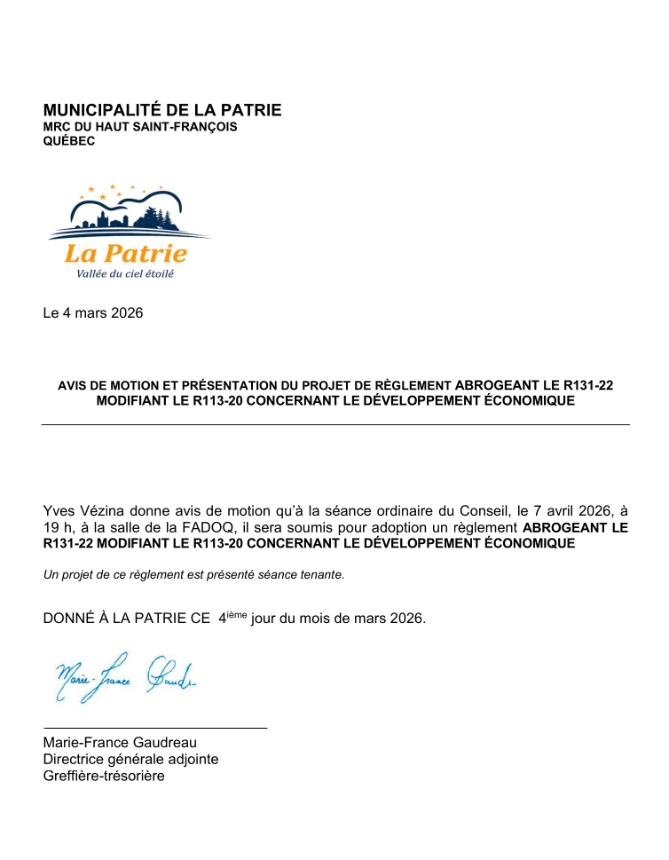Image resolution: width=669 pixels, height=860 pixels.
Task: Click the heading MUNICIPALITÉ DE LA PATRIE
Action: (x=162, y=110)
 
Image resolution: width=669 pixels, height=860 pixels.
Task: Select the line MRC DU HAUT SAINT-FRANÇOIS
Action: (x=140, y=127)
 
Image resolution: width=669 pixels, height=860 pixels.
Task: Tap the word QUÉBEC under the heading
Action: (x=69, y=141)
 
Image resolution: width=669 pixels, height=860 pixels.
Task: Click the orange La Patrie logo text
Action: (x=125, y=253)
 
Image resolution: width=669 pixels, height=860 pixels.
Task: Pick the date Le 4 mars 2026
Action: (x=93, y=313)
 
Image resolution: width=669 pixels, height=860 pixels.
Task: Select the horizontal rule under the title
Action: (x=334, y=425)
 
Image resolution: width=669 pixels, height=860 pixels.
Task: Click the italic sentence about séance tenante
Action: (x=193, y=574)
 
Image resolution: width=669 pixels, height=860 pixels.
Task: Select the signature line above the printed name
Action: (x=155, y=728)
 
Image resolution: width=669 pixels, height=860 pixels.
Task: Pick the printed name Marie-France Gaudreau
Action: (x=120, y=743)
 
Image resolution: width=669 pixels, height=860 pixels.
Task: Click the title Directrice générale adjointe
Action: (x=130, y=760)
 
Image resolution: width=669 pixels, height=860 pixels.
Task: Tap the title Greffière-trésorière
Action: (x=104, y=777)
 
